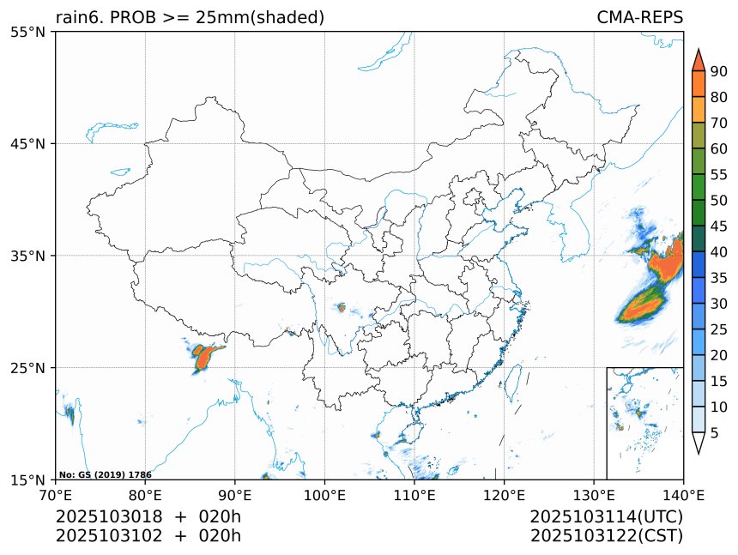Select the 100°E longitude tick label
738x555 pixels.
tap(324, 494)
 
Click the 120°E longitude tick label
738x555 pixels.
tap(504, 494)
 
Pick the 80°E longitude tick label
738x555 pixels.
tap(145, 494)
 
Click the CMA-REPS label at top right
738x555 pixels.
tap(639, 17)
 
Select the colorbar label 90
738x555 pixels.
tap(718, 71)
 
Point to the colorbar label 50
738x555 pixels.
tap(718, 200)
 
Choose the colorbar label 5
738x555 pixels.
tap(715, 432)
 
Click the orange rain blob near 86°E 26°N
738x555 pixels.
tap(203, 356)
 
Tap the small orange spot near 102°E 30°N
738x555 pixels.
tap(342, 307)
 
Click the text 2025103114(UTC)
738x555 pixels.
tap(606, 517)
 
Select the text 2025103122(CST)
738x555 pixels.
tap(606, 536)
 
